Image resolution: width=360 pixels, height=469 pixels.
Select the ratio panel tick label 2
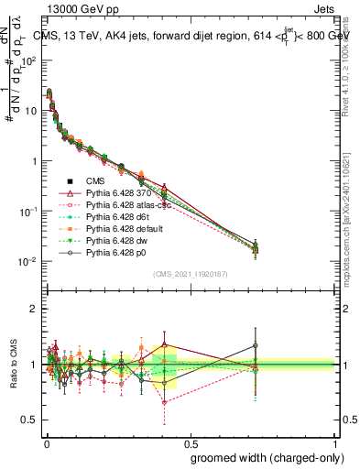34,309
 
